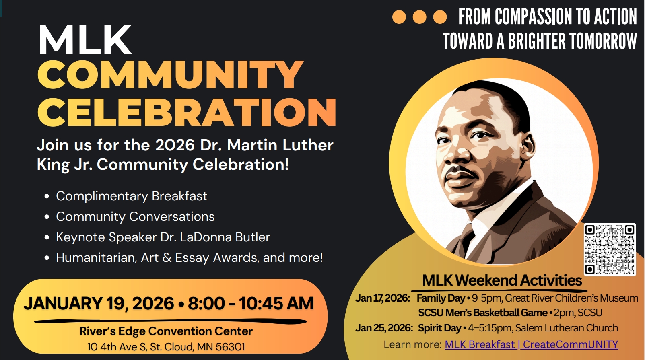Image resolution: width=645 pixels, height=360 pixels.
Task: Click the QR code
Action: coord(610,249)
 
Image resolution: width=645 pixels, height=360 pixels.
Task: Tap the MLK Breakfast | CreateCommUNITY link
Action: coord(531,345)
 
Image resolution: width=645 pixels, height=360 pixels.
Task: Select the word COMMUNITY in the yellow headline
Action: coord(170,75)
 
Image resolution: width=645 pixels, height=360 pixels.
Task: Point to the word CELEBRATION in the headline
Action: coord(187,112)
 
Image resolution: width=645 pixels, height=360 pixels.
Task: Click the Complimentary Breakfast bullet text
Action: coord(132,196)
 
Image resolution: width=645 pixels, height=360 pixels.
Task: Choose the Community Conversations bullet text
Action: coord(135,217)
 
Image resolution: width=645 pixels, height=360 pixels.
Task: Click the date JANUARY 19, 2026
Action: coord(99,304)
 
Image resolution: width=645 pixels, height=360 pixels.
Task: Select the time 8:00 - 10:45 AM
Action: coord(251,304)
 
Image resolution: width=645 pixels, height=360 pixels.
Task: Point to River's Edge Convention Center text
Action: coord(166,331)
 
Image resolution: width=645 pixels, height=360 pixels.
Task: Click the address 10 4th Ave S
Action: coord(117,347)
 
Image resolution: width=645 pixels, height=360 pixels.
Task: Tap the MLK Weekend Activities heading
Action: coord(502,280)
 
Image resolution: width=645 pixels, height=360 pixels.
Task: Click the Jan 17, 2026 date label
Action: coord(383,298)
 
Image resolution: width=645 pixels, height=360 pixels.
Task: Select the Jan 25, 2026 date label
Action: coord(384,328)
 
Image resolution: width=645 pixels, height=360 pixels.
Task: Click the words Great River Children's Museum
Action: coord(571,298)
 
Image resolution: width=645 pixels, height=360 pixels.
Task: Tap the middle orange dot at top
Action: coord(419,17)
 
